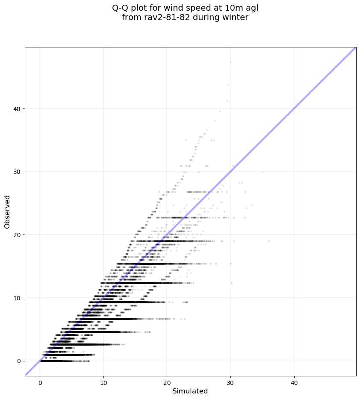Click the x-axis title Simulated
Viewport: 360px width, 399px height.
click(190, 391)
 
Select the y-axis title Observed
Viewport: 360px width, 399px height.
click(7, 211)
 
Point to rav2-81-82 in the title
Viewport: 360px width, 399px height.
click(162, 18)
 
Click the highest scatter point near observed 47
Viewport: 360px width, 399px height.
click(230, 62)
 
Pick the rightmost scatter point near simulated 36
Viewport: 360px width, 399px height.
click(269, 241)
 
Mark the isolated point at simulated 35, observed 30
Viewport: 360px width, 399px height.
click(263, 172)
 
